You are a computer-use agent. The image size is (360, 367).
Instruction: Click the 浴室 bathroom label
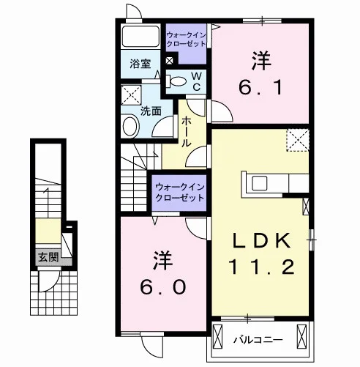pyautogui.click(x=140, y=64)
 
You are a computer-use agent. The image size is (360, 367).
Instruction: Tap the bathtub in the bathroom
pyautogui.click(x=140, y=36)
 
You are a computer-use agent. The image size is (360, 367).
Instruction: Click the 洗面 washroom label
pyautogui.click(x=151, y=111)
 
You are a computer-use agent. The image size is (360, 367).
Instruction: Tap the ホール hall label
pyautogui.click(x=187, y=131)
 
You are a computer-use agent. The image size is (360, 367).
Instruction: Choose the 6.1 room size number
pyautogui.click(x=260, y=88)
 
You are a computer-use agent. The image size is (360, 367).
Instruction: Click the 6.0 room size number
pyautogui.click(x=163, y=287)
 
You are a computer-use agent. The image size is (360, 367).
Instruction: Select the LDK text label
pyautogui.click(x=261, y=240)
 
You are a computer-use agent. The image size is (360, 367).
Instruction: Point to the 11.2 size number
pyautogui.click(x=261, y=267)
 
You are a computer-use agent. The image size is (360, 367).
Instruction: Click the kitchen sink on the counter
pyautogui.click(x=260, y=183)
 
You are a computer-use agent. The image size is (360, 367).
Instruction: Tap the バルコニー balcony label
pyautogui.click(x=258, y=340)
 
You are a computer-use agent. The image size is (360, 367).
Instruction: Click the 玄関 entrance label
pyautogui.click(x=49, y=257)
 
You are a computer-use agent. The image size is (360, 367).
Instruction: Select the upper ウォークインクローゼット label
pyautogui.click(x=186, y=40)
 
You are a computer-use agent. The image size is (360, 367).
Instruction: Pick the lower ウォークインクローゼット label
pyautogui.click(x=180, y=192)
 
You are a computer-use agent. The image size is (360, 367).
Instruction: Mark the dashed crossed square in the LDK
pyautogui.click(x=298, y=140)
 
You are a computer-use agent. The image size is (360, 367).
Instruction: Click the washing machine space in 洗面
pyautogui.click(x=131, y=95)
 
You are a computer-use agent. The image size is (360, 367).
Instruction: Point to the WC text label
pyautogui.click(x=197, y=81)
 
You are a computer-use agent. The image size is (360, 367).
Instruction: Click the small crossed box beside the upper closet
pyautogui.click(x=170, y=60)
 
